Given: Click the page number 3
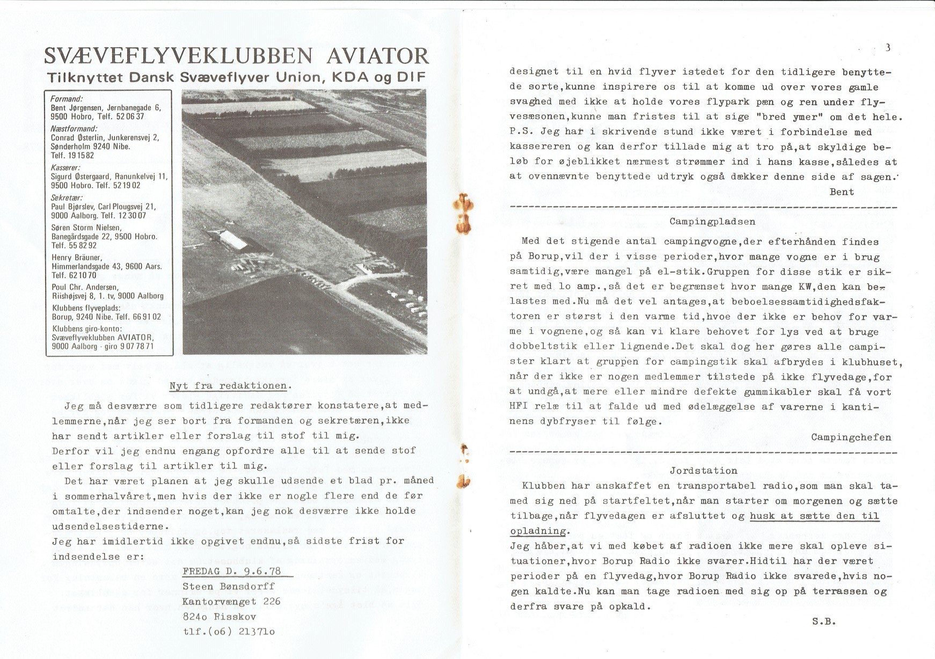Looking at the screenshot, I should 888,47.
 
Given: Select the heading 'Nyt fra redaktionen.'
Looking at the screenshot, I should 230,386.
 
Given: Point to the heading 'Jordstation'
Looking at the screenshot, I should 703,471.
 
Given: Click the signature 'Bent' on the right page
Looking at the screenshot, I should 842,192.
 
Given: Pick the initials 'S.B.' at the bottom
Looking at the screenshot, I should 824,622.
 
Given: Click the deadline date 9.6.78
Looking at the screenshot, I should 262,572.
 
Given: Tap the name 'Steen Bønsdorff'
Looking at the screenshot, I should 229,587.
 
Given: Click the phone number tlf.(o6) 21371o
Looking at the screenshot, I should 229,632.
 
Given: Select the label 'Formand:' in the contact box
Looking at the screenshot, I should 66,99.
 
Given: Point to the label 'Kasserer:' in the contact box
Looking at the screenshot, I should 65,167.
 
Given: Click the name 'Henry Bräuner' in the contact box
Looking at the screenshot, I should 76,258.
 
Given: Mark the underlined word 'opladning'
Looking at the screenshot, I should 538,531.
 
